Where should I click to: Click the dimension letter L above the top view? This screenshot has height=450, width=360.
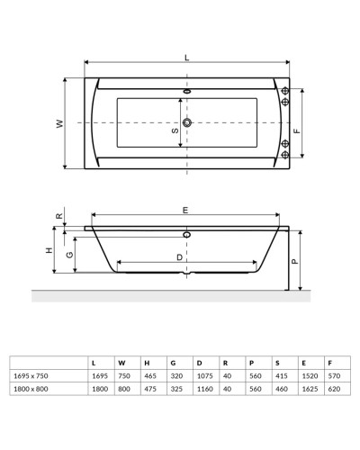pyautogui.click(x=186, y=57)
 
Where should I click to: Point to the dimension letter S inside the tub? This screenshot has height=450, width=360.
pyautogui.click(x=175, y=131)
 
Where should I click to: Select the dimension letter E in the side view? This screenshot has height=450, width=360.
pyautogui.click(x=185, y=210)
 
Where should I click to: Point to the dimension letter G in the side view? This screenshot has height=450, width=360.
pyautogui.click(x=69, y=255)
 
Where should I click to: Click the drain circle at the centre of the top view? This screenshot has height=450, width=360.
pyautogui.click(x=187, y=122)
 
